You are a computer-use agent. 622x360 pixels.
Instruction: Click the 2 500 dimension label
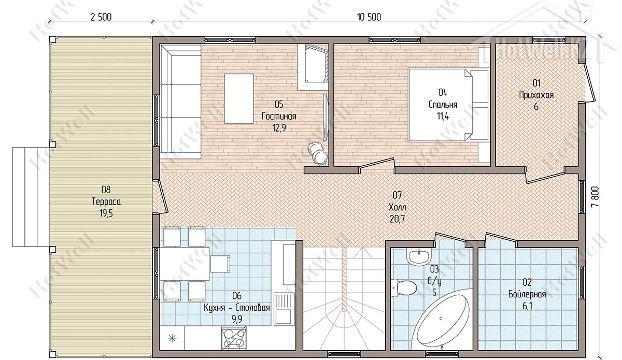pos(101,17)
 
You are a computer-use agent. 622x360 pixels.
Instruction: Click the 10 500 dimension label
pos(369,17)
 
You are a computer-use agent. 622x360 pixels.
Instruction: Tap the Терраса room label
pos(106,201)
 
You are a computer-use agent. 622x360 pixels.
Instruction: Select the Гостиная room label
pos(279,116)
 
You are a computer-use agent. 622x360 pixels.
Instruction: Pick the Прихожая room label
pos(536,95)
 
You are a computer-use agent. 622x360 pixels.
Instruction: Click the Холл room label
pos(398,207)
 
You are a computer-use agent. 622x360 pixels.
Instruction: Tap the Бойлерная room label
pos(527,294)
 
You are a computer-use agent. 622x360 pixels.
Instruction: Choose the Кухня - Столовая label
pos(237,308)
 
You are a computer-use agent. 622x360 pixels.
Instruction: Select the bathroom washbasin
pos(419,256)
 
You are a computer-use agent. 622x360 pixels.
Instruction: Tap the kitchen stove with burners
pos(234,338)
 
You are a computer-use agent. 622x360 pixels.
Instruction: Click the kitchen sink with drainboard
pos(283,309)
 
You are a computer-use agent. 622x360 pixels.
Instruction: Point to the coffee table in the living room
pos(239,98)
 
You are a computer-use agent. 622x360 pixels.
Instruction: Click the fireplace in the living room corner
pos(313,67)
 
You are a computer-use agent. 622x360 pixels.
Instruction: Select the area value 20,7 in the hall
pos(397,219)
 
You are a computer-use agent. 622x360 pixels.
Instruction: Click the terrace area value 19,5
pos(106,213)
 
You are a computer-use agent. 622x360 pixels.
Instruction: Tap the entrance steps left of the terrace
pos(31,197)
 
